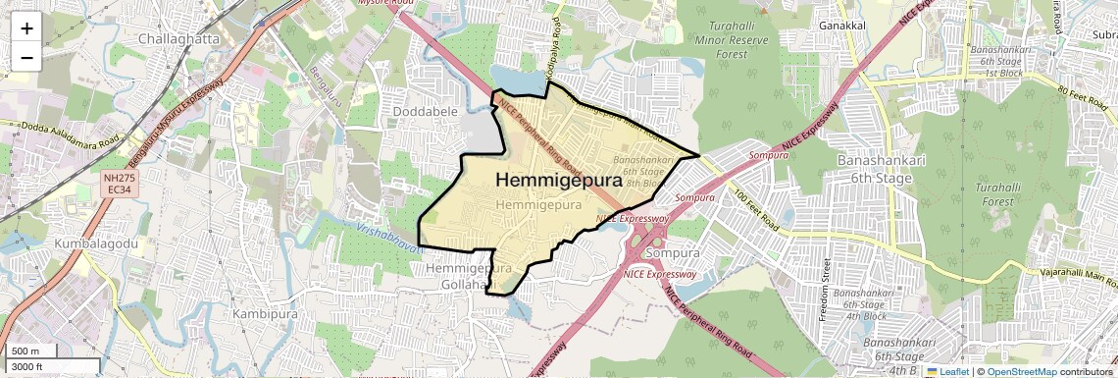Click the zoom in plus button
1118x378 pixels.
[x=26, y=28]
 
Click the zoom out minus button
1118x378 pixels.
[x=26, y=58]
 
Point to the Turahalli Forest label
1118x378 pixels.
[x=998, y=193]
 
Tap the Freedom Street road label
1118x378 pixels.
[x=826, y=290]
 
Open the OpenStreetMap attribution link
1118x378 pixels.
[x=1021, y=371]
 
